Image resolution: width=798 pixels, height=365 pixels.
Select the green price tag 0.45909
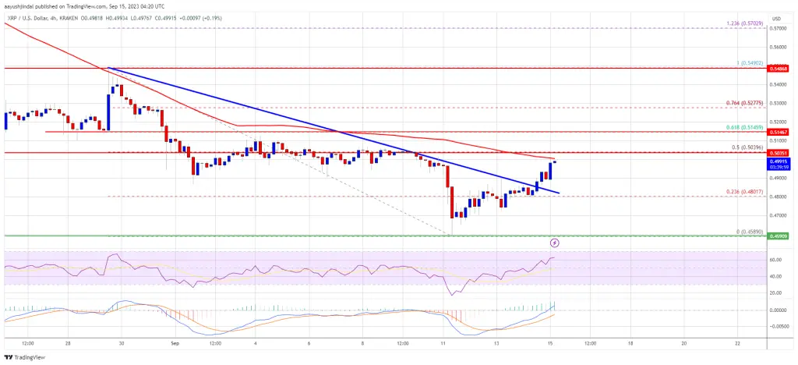pos(781,236)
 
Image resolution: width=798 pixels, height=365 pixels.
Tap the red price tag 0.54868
pos(781,68)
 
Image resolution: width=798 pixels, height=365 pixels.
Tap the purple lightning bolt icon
pos(554,243)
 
